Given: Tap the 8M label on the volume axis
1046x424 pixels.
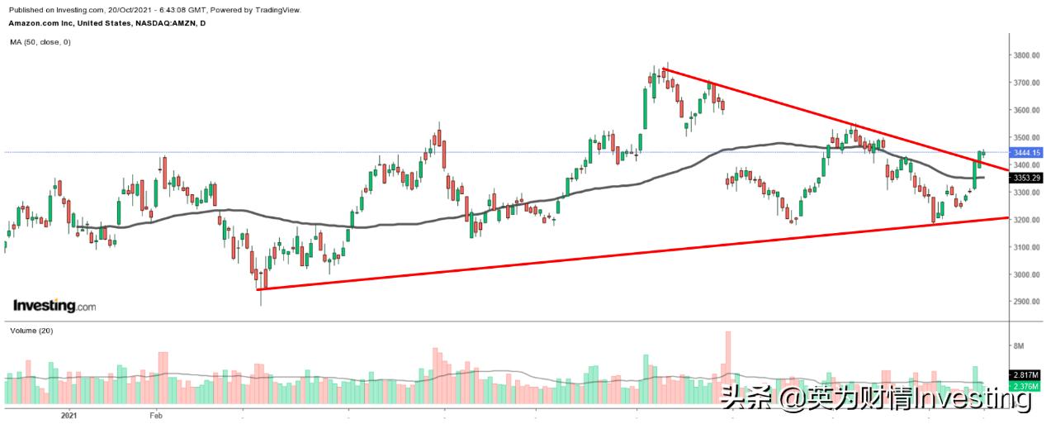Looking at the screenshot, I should point(1018,345).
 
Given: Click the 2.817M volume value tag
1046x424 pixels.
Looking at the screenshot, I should point(1025,375).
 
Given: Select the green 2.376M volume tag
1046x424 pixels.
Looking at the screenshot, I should point(1025,385).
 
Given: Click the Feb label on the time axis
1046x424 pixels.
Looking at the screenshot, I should point(154,415).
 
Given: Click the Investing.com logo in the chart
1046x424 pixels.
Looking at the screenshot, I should point(54,306).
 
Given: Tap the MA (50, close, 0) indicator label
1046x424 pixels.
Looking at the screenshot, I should point(40,41).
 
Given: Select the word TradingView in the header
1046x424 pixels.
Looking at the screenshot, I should point(277,10).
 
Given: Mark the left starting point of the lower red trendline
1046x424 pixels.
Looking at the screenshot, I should point(258,289).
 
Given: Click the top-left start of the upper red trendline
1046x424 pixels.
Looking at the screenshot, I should point(665,69).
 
